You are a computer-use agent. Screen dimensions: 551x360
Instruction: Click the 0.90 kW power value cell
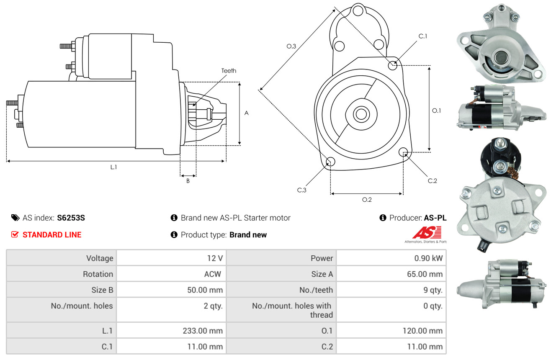[x=428, y=258]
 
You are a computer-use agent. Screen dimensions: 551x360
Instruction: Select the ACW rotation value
[x=213, y=274]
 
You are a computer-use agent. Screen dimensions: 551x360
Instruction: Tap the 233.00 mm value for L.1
[x=203, y=331]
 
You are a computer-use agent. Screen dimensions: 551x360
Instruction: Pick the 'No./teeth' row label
[x=316, y=290]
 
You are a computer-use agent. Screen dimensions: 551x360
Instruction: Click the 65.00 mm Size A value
[x=425, y=274]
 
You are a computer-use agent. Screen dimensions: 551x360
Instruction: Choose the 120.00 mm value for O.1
[x=422, y=331]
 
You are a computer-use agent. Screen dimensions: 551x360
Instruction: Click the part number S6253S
[x=71, y=218]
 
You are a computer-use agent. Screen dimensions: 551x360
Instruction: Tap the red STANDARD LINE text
[x=52, y=235]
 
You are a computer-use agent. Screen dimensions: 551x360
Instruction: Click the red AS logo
[x=427, y=233]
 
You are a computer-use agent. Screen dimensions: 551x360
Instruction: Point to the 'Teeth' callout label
[x=229, y=71]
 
